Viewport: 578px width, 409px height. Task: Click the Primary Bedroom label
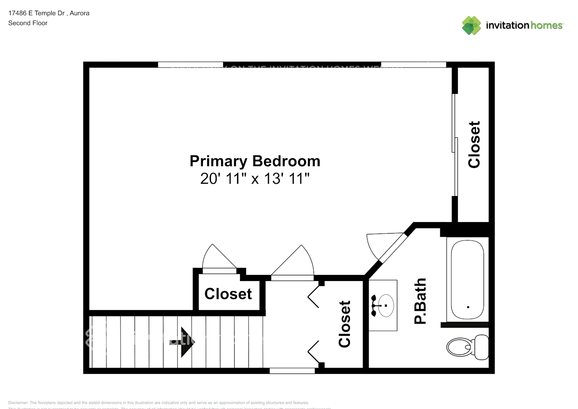(x=255, y=161)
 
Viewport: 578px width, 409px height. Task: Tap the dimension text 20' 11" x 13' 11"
(x=255, y=179)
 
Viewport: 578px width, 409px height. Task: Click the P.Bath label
(x=420, y=301)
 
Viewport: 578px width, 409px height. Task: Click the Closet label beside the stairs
(x=228, y=294)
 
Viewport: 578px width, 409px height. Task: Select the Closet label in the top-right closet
(x=474, y=144)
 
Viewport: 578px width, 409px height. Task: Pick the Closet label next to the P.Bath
(x=345, y=324)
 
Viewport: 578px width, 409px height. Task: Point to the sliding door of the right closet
(x=454, y=145)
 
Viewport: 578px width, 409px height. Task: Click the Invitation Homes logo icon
(x=471, y=25)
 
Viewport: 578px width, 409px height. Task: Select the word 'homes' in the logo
(x=547, y=25)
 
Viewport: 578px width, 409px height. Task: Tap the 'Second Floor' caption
(x=28, y=23)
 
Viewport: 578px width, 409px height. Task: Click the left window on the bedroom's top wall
(x=190, y=65)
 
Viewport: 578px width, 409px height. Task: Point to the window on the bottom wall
(x=292, y=371)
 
